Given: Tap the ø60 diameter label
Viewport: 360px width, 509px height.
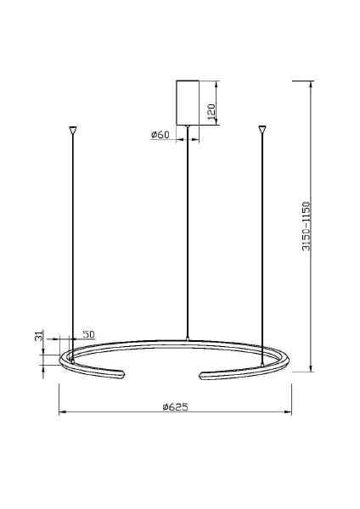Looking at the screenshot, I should (160, 135).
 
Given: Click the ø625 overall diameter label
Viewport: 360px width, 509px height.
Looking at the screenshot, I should (174, 407).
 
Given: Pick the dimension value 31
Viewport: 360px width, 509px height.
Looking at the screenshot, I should (39, 337).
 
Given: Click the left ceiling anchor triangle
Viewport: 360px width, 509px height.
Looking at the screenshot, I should (72, 131).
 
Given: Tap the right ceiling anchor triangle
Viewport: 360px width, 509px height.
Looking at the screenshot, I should (262, 131).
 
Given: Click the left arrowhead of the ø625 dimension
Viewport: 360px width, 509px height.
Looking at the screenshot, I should (61, 413).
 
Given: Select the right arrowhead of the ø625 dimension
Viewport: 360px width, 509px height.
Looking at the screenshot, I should (289, 413).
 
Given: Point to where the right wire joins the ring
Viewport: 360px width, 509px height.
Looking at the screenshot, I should (262, 364).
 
